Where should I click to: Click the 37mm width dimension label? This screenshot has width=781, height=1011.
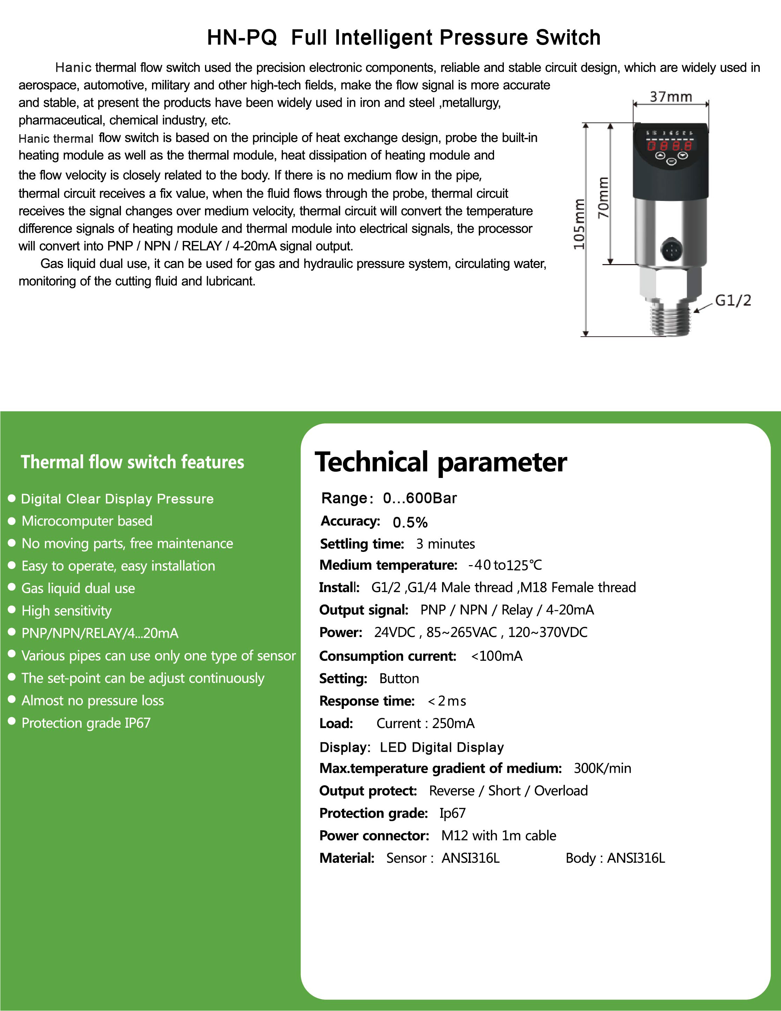(x=670, y=97)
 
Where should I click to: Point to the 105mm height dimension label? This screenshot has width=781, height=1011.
(x=579, y=224)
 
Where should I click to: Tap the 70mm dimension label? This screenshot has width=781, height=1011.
(x=603, y=198)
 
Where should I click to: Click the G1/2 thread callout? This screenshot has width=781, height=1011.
(x=733, y=300)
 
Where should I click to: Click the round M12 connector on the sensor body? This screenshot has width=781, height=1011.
(x=671, y=250)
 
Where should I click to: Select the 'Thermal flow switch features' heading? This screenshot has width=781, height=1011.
(x=132, y=462)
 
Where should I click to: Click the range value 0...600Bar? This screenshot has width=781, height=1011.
(x=420, y=498)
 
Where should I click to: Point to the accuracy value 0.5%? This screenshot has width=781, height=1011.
(x=410, y=522)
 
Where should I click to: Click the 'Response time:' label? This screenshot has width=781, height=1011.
(x=367, y=701)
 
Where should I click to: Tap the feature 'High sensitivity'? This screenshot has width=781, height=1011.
(x=67, y=611)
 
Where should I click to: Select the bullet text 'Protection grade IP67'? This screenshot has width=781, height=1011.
(x=86, y=722)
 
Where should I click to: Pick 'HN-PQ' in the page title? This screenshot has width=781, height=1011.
(x=242, y=37)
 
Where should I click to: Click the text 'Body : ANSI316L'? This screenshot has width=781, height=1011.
(x=615, y=858)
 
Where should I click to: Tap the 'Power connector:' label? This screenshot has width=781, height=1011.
(x=374, y=836)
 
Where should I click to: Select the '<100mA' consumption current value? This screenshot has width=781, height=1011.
(x=496, y=656)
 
